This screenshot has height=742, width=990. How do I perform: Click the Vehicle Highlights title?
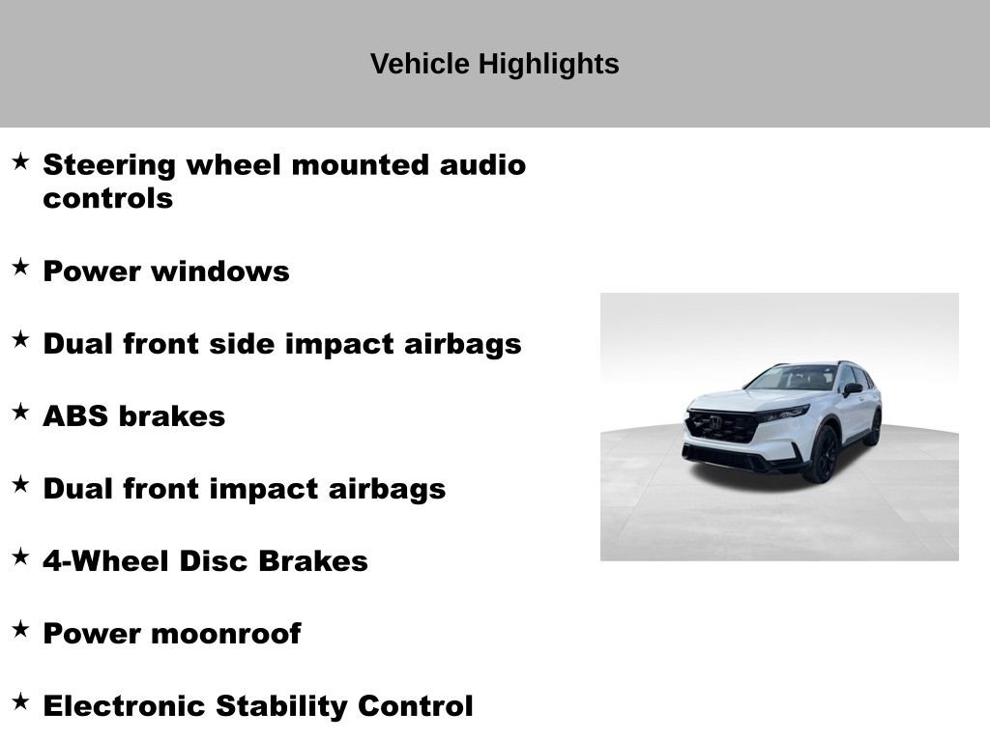(x=494, y=65)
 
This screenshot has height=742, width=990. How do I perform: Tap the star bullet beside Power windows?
(x=20, y=268)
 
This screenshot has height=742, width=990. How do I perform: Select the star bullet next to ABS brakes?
(x=20, y=413)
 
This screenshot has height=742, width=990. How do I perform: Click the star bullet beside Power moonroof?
(x=20, y=630)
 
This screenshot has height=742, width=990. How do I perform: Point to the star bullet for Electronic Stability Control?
(x=20, y=702)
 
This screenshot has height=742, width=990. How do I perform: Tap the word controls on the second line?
(x=107, y=199)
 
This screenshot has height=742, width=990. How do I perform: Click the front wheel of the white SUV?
(x=824, y=454)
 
